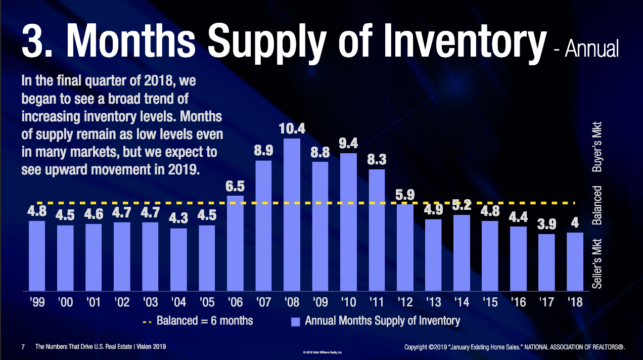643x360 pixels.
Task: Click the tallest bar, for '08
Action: [x=292, y=215]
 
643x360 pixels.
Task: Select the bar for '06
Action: [x=235, y=243]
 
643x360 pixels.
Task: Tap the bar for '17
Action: [x=547, y=262]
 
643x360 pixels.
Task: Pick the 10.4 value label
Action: [x=292, y=128]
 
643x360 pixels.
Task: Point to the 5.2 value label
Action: [x=462, y=205]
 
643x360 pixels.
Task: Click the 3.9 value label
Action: [x=547, y=224]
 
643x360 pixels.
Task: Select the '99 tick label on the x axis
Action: [x=37, y=302]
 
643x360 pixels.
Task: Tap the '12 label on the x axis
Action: [x=405, y=302]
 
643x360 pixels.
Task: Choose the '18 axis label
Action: [x=575, y=302]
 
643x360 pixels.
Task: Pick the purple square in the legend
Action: [x=296, y=321]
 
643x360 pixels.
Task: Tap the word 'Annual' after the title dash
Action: [x=591, y=49]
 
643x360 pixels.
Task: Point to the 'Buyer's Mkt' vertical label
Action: [x=598, y=147]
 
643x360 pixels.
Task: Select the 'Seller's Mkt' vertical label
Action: [x=598, y=263]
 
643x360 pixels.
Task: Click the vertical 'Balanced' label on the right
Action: [x=598, y=205]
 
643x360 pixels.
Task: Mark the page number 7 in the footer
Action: [x=23, y=347]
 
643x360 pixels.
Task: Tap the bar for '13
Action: [x=433, y=255]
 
